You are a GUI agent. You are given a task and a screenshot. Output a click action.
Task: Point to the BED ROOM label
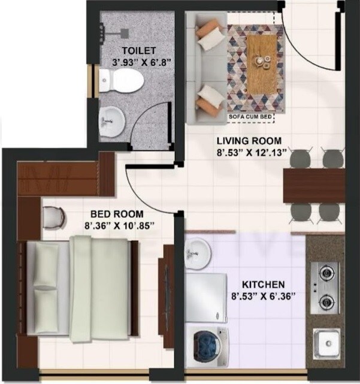coord(117,214)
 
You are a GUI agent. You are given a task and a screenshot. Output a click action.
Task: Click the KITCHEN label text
coord(263,283)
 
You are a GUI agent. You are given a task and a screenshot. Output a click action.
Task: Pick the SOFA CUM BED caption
coord(250,117)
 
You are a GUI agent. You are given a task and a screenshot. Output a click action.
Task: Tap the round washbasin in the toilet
coord(111,122)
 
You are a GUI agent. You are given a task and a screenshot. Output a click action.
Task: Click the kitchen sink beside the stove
coord(327,344)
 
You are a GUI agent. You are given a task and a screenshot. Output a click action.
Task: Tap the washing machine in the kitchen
coord(207,347)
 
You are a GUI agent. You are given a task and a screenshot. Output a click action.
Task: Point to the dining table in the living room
coord(313,185)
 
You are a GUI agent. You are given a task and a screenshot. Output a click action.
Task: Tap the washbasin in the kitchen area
coord(197,253)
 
